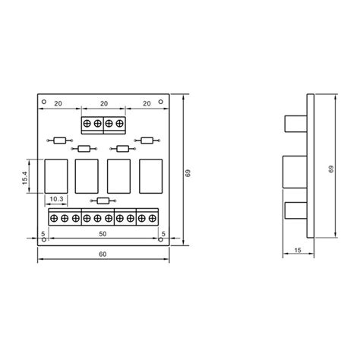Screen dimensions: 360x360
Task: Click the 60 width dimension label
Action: tap(103, 254)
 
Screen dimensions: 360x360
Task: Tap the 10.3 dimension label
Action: tap(56, 199)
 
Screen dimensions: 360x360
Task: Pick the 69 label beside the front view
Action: tap(188, 173)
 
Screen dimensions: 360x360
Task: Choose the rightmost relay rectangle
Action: tap(150, 175)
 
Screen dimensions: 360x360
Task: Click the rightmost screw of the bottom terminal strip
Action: tap(153, 218)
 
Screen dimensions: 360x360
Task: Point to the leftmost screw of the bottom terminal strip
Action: tap(54, 218)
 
